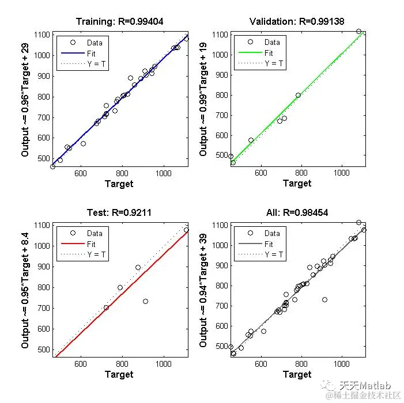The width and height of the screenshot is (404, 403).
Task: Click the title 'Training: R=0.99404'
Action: pyautogui.click(x=119, y=22)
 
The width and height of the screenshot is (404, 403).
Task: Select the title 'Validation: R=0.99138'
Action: pyautogui.click(x=297, y=22)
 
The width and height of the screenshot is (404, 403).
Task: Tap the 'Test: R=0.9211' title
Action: pyautogui.click(x=119, y=212)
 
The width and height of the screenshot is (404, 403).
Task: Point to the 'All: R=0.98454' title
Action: pyautogui.click(x=297, y=212)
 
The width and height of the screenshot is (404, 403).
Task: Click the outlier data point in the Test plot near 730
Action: pyautogui.click(x=145, y=301)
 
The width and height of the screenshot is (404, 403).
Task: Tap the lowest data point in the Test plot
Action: pyautogui.click(x=106, y=308)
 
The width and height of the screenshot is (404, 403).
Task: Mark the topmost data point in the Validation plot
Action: pyautogui.click(x=358, y=32)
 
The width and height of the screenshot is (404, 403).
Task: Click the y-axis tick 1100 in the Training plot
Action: pyautogui.click(x=42, y=35)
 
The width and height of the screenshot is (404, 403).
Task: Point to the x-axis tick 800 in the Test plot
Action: pyautogui.click(x=123, y=364)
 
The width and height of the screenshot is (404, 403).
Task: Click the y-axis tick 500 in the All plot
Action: pyautogui.click(x=220, y=347)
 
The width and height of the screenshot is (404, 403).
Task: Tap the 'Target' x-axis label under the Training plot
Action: pyautogui.click(x=119, y=184)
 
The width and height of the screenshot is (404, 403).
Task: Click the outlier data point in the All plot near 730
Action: pyautogui.click(x=324, y=300)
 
